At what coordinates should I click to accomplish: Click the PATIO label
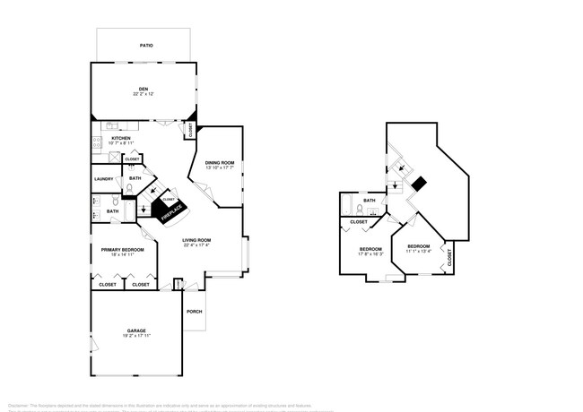(145, 44)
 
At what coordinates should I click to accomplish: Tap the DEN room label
(143, 88)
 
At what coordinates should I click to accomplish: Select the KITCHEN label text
(120, 138)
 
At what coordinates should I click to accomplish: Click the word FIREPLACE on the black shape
(171, 212)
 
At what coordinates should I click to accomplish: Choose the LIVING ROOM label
(196, 240)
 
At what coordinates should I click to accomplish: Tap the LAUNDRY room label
(103, 179)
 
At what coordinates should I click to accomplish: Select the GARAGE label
(135, 330)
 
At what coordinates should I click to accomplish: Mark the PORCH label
(194, 312)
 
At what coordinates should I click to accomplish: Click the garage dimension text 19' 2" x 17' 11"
(135, 337)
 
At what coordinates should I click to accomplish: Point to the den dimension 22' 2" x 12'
(143, 94)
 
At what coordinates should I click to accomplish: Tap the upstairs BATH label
(369, 201)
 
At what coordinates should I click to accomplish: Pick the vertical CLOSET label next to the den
(190, 130)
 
